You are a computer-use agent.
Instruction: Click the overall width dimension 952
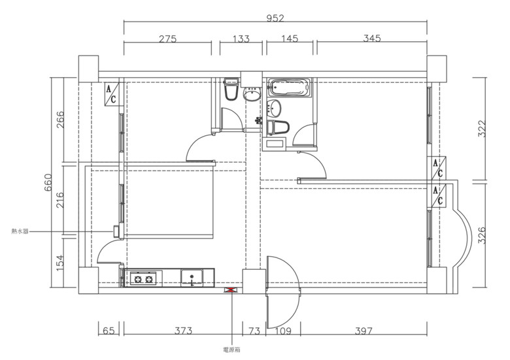pos(275,18)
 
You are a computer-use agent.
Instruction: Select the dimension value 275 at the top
pos(167,39)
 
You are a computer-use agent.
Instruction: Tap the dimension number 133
pos(241,39)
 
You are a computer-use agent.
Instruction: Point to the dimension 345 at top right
pos(372,39)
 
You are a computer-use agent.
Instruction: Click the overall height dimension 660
pos(48,182)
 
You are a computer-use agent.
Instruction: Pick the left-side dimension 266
pos(61,120)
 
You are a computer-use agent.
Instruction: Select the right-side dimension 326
pos(482,235)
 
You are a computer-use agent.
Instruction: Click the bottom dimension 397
pos(364,331)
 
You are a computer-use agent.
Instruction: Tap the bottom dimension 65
pos(109,331)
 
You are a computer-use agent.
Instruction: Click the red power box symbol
pos(231,290)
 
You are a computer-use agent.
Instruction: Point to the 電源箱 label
pos(231,350)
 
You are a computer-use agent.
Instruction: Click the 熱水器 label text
pos(20,231)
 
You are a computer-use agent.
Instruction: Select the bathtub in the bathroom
pos(288,88)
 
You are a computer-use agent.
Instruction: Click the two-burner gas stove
pos(144,278)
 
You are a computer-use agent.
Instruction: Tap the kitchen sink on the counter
pos(192,278)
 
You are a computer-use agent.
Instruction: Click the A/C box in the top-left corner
pos(112,94)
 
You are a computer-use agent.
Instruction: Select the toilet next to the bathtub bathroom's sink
pos(278,127)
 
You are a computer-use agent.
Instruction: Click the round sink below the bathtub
pos(274,108)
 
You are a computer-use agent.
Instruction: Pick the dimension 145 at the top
pos(290,39)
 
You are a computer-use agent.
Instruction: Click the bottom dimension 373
pos(184,331)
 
